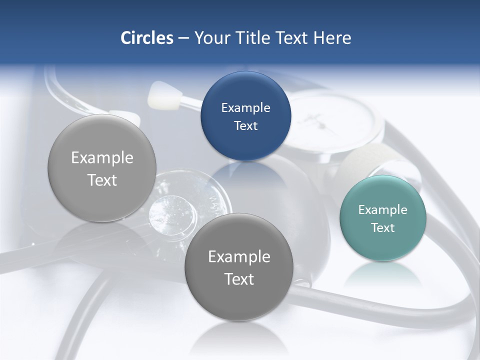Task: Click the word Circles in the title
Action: tap(146, 38)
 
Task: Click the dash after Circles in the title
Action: tap(183, 38)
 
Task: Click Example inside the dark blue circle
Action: tap(245, 107)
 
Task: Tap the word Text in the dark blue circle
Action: tap(245, 125)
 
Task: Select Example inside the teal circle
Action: tap(382, 209)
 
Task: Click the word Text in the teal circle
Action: tap(382, 227)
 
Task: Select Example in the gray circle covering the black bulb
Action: tap(238, 256)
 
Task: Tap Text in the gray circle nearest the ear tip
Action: tap(102, 180)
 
